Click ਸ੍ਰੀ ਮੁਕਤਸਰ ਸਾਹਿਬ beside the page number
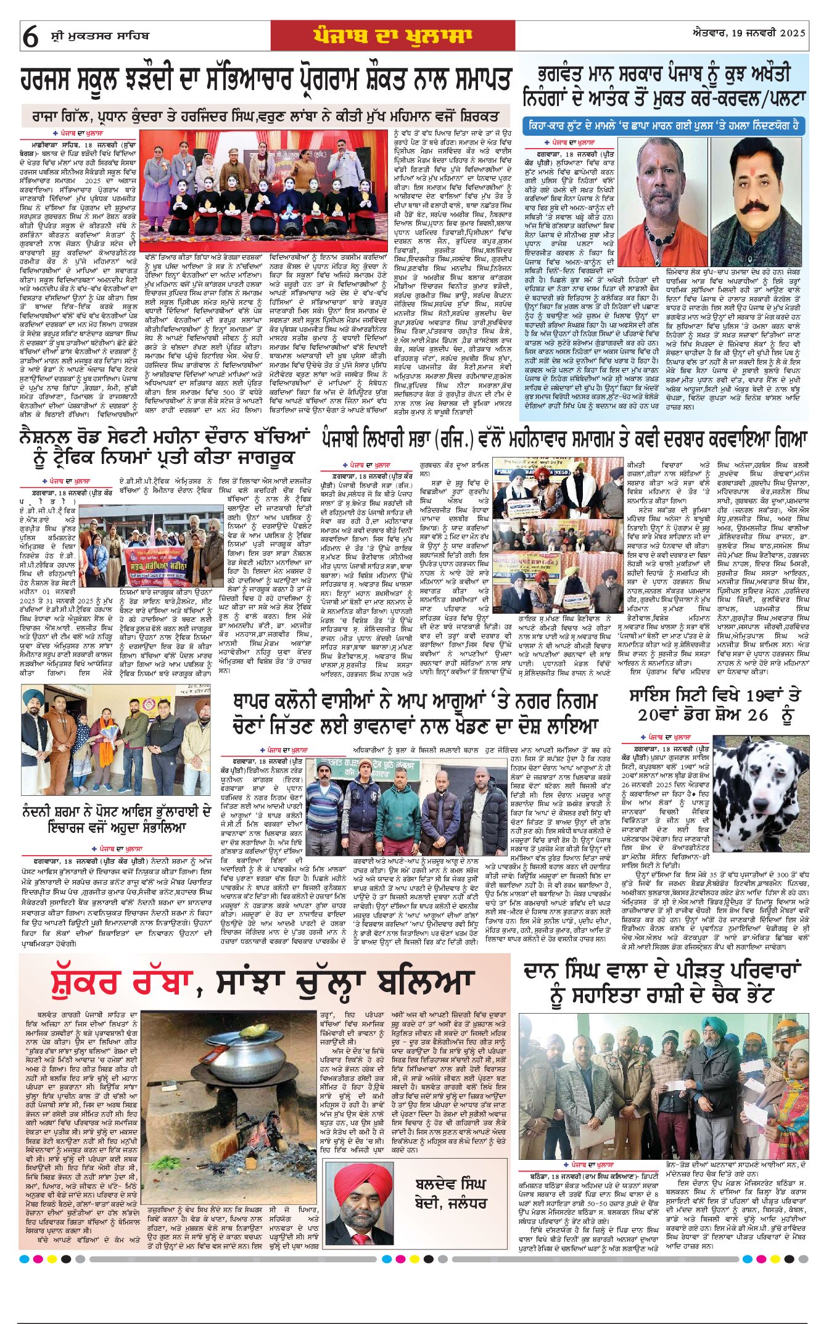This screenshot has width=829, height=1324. point(99,36)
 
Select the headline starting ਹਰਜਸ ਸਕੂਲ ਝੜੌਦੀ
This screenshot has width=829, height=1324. point(266,81)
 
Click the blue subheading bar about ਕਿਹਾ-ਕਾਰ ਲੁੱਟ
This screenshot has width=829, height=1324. point(664,126)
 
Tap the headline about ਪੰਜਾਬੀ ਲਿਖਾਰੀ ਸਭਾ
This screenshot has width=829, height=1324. point(564,439)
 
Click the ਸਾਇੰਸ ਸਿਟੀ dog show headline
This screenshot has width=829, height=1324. point(714,705)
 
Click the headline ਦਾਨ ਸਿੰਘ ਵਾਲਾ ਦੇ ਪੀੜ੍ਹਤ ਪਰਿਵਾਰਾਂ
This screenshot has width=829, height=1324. point(663,983)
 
